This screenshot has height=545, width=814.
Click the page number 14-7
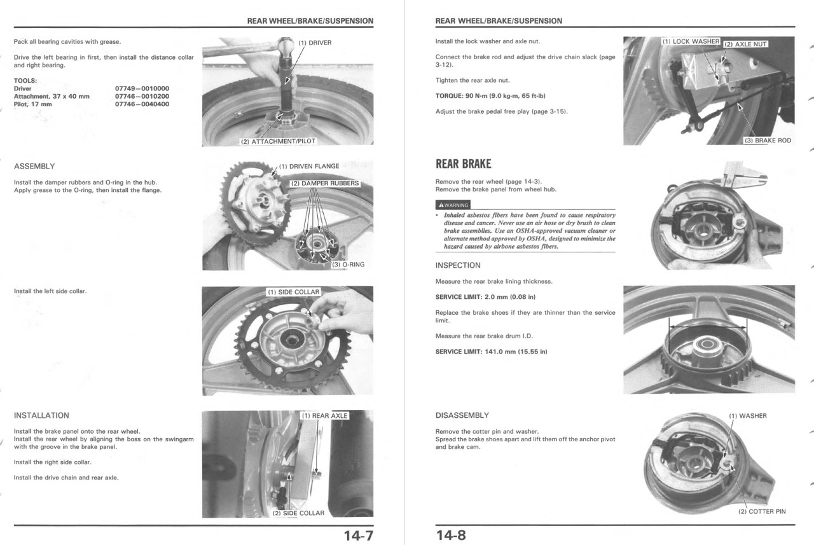[x=358, y=535]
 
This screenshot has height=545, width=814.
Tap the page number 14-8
[x=451, y=535]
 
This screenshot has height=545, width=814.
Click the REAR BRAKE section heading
[x=463, y=164]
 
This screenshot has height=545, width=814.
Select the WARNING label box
[x=453, y=205]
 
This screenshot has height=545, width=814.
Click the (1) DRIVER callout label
[x=315, y=43]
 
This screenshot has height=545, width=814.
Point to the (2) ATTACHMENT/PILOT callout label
[x=277, y=141]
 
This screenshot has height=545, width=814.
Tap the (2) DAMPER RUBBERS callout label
[x=325, y=183]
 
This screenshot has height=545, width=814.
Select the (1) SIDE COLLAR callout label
[x=293, y=292]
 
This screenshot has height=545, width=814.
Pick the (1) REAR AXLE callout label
[x=324, y=416]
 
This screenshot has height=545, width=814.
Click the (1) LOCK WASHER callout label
[x=690, y=41]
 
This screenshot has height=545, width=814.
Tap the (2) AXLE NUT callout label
[x=745, y=45]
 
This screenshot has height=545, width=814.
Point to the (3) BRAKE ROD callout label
[x=768, y=141]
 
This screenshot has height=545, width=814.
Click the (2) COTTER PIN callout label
[x=762, y=511]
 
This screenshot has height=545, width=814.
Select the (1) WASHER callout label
[x=748, y=416]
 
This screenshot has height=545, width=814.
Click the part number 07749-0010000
[x=142, y=88]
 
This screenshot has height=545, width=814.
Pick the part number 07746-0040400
[x=142, y=104]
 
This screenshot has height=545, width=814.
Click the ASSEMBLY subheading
[x=34, y=167]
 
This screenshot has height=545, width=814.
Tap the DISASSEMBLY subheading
[x=462, y=415]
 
